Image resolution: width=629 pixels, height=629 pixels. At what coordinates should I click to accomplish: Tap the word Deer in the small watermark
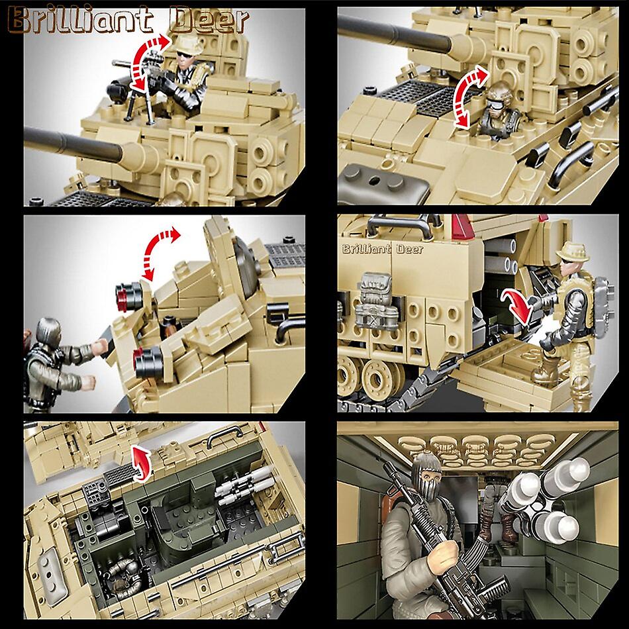coord(405,250)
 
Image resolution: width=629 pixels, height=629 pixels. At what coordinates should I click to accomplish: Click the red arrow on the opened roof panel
coord(140,461)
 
